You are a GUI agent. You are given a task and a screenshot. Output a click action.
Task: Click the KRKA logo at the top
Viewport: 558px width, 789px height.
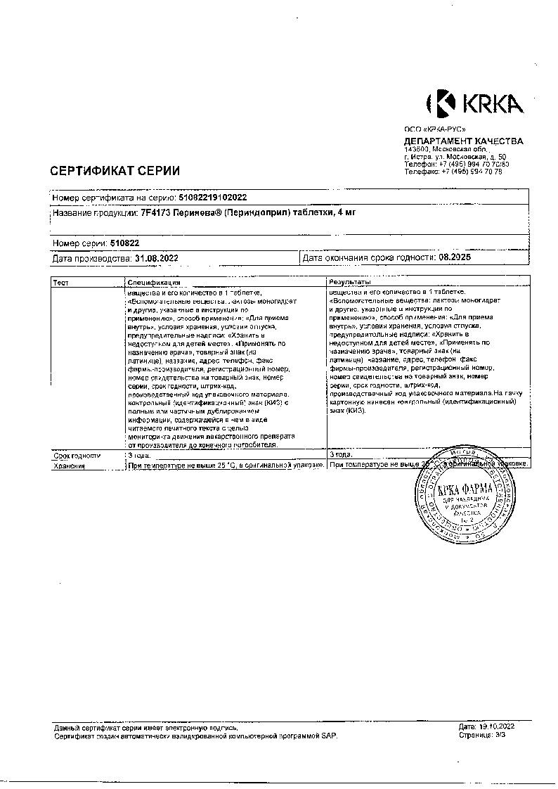[x=474, y=104]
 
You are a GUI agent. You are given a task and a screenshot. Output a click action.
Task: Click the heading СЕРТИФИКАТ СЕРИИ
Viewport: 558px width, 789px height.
[x=115, y=170]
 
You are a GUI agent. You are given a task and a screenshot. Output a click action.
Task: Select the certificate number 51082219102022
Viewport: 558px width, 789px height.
[x=209, y=198]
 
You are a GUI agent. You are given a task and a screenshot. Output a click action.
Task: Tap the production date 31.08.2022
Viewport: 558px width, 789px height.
[x=155, y=258]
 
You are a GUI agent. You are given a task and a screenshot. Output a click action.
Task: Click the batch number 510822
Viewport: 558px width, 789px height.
[x=125, y=243]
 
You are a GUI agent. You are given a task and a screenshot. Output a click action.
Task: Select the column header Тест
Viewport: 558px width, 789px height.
[x=61, y=282]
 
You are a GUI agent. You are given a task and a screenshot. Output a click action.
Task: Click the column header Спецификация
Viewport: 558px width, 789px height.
[x=154, y=282]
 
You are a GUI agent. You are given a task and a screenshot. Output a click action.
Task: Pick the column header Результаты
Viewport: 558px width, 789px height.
[x=351, y=282]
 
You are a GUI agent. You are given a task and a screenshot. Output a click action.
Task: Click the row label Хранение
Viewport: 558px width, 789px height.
[x=68, y=465]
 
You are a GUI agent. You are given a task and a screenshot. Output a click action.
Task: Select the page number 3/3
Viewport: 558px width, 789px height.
[x=500, y=734]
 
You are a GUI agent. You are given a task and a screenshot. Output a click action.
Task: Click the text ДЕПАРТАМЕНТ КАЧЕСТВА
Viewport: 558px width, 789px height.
[x=463, y=141]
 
